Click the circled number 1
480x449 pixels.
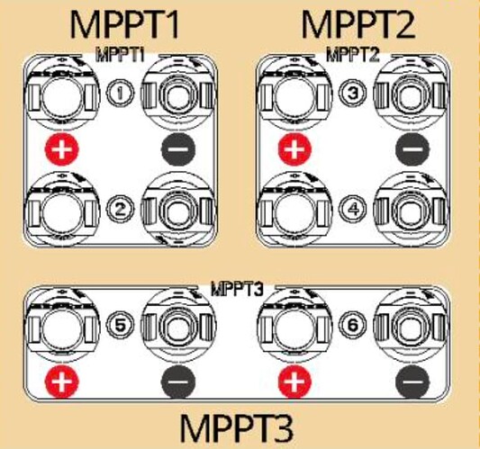(120, 93)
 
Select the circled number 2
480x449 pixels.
(120, 209)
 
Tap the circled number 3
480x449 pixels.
(353, 93)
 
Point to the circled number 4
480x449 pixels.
(353, 209)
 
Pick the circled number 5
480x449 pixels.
(120, 325)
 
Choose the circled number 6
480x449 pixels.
(353, 325)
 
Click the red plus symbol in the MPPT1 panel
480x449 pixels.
(62, 149)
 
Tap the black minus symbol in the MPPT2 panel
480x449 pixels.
(412, 149)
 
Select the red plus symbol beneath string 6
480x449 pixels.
(294, 382)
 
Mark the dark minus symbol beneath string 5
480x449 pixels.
(178, 382)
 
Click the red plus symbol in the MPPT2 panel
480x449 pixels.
(294, 149)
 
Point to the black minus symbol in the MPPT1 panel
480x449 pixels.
(178, 149)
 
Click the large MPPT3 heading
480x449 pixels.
(236, 427)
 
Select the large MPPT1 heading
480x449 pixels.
(124, 24)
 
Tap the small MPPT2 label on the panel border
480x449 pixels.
(353, 55)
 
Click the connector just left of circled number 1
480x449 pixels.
(62, 93)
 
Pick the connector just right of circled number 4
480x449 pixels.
(410, 209)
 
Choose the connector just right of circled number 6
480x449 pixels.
(410, 325)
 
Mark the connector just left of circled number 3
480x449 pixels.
(294, 93)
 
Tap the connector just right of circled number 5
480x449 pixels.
(178, 325)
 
